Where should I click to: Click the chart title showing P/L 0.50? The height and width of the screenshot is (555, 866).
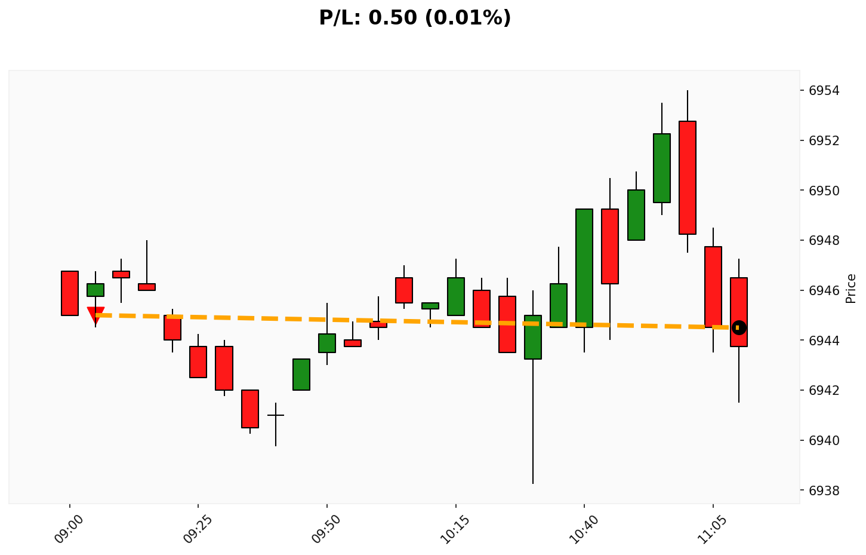pyautogui.click(x=415, y=18)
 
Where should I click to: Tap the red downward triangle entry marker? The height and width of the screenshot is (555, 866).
pyautogui.click(x=95, y=314)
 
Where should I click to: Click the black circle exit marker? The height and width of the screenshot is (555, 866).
pyautogui.click(x=739, y=327)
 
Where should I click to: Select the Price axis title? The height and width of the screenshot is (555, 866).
pyautogui.click(x=851, y=289)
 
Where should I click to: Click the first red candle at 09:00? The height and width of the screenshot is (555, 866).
pyautogui.click(x=70, y=293)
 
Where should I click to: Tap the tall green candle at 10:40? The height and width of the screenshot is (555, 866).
pyautogui.click(x=584, y=268)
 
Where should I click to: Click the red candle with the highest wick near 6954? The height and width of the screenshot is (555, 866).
pyautogui.click(x=687, y=177)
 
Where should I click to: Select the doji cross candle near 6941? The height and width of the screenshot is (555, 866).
pyautogui.click(x=276, y=415)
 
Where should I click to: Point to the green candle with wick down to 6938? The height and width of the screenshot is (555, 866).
pyautogui.click(x=533, y=337)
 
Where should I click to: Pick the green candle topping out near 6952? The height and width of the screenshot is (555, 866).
pyautogui.click(x=661, y=168)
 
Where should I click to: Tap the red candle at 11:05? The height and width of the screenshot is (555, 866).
pyautogui.click(x=713, y=287)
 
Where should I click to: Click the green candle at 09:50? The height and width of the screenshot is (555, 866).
pyautogui.click(x=327, y=343)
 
